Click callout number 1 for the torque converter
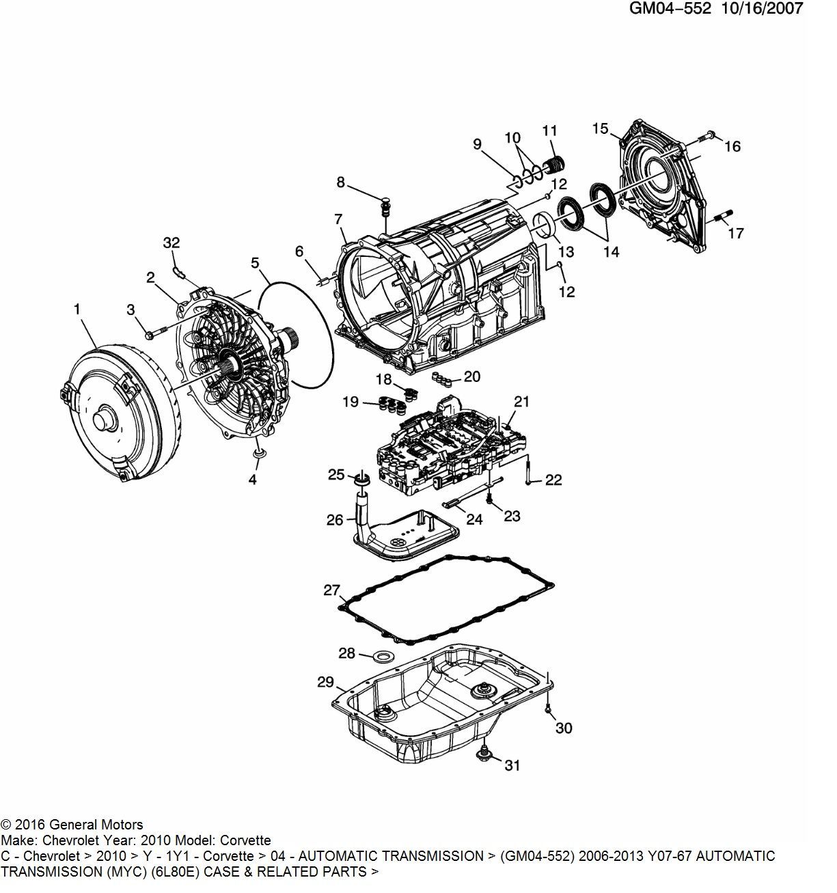77,309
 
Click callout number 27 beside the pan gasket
331,590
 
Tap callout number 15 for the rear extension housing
600,128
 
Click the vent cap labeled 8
385,207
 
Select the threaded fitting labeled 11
554,165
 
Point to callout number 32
171,243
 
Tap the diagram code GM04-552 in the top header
670,9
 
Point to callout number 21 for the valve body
521,402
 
